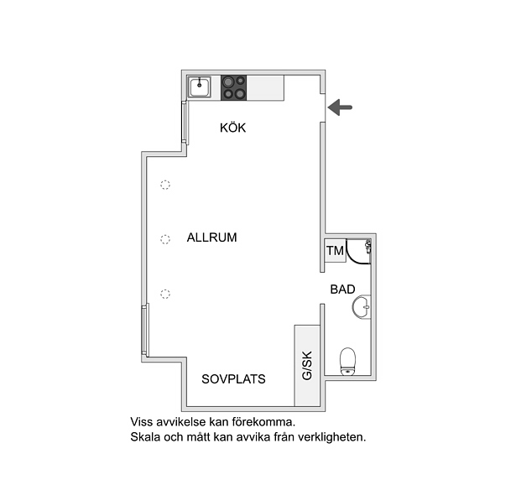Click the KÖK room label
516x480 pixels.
click(232, 128)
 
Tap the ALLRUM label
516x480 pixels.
click(211, 237)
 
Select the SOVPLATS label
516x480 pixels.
click(233, 379)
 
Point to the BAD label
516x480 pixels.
click(342, 290)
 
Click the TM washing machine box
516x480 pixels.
click(335, 251)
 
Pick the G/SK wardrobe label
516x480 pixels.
click(307, 366)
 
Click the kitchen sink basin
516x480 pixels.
click(199, 87)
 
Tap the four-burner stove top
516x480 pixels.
click(233, 87)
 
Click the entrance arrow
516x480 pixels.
click(340, 107)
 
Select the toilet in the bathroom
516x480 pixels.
click(347, 362)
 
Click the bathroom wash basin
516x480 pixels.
click(362, 307)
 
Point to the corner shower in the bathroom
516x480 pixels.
click(359, 252)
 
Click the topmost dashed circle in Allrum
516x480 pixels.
click(165, 185)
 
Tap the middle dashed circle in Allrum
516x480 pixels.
click(165, 239)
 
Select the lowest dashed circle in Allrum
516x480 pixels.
click(165, 294)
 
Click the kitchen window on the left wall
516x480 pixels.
click(185, 123)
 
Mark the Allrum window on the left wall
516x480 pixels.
click(145, 330)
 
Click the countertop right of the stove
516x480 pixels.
click(265, 87)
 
